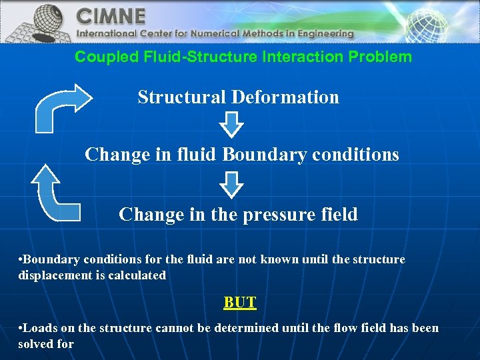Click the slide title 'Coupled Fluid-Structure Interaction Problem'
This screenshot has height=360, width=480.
(243, 57)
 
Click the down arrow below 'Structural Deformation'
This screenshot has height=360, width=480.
(231, 125)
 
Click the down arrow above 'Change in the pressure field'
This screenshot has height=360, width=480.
(231, 184)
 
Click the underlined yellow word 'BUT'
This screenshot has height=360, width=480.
(240, 303)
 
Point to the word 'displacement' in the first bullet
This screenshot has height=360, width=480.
(54, 275)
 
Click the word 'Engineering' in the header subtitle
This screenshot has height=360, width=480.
(322, 33)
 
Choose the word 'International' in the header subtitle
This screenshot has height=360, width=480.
(107, 33)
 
